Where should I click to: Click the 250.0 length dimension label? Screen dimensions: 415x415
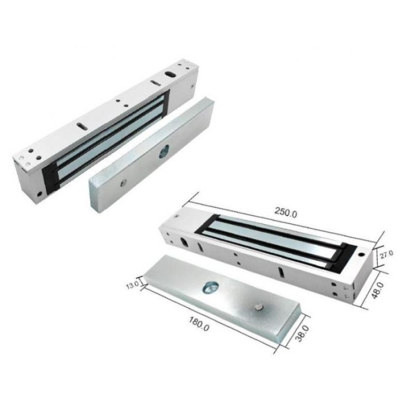point(286,212)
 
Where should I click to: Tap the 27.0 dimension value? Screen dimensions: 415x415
point(387,255)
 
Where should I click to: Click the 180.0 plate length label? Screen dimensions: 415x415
point(199,324)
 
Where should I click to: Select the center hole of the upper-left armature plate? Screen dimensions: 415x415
point(163,154)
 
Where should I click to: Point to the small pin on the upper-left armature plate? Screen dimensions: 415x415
point(123,183)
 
